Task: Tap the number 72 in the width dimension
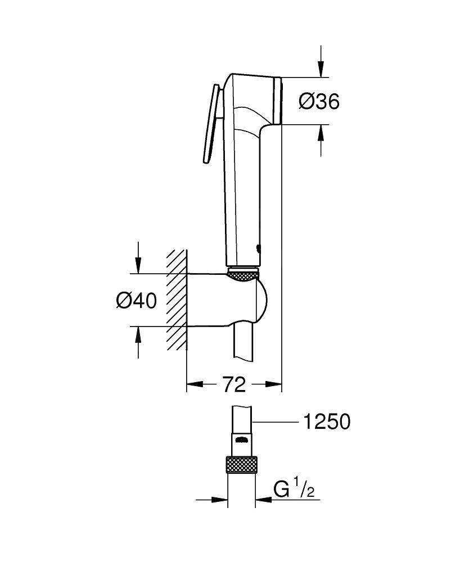[x=234, y=385]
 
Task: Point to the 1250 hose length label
[x=326, y=422]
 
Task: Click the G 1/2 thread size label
[x=294, y=490]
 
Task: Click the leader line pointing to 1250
[x=276, y=422]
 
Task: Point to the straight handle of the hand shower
[x=243, y=197]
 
